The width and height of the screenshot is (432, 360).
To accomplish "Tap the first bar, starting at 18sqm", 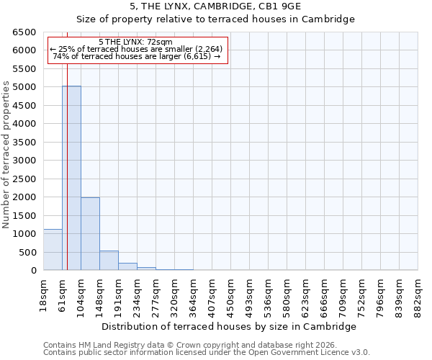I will [x=53, y=250].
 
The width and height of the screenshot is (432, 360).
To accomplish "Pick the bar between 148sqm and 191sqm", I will [x=109, y=261].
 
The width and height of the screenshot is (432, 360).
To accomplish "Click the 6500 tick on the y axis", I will [x=24, y=32].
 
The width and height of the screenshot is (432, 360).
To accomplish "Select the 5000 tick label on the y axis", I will [x=24, y=87].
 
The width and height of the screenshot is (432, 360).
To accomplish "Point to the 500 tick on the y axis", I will [x=27, y=252].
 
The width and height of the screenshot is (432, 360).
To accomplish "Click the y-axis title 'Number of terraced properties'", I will [x=6, y=155].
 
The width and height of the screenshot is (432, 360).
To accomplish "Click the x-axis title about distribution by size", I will [x=229, y=326].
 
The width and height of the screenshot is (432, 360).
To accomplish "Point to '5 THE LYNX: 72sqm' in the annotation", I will [x=135, y=42].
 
